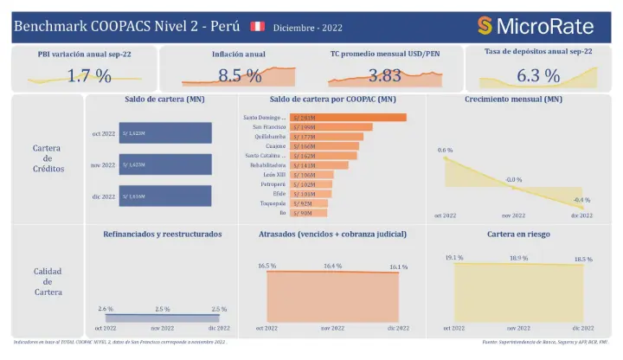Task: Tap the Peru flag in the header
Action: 257,27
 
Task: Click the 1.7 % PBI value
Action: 90,76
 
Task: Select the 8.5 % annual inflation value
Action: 240,76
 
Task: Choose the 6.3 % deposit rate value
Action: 538,76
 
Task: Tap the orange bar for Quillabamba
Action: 324,138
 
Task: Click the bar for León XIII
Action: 312,175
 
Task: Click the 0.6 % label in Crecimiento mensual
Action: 445,151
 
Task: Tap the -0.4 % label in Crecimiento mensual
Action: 581,200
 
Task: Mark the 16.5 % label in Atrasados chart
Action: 267,266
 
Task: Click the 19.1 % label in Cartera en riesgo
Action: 454,258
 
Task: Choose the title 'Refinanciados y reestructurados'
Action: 163,234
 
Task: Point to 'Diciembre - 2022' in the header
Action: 307,28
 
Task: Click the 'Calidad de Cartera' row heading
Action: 48,281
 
